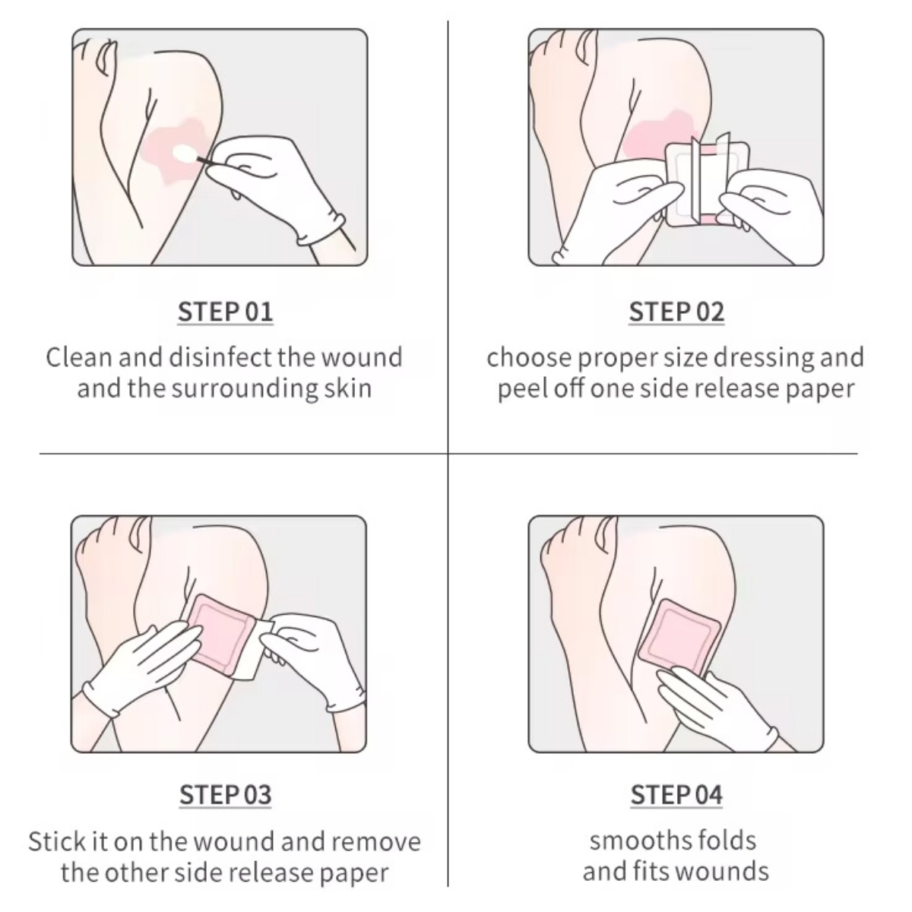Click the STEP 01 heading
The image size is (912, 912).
coord(225,312)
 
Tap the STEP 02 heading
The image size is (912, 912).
coord(676,312)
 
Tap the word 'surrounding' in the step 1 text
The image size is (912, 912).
coord(244,389)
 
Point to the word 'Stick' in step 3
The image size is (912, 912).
coord(55,842)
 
